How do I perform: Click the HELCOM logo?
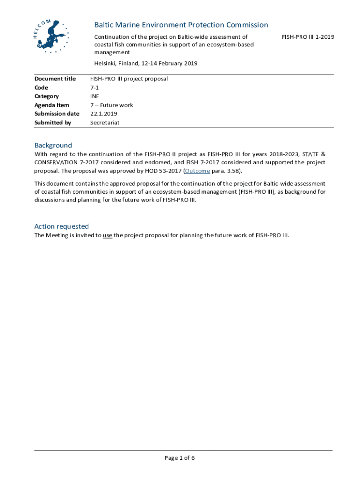(51, 36)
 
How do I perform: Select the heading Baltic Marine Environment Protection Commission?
(181, 25)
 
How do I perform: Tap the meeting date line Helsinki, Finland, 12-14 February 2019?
(146, 63)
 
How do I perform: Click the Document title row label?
(55, 79)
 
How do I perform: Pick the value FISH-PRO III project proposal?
(129, 79)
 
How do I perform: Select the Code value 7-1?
(94, 87)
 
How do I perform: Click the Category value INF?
(94, 96)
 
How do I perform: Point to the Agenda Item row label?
(52, 105)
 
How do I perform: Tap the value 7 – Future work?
(111, 105)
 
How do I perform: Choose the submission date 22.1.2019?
(103, 114)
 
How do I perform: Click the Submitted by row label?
(53, 123)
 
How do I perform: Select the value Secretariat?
(105, 123)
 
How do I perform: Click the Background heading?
(53, 145)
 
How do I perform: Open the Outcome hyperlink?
(197, 171)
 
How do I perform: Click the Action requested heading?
(61, 226)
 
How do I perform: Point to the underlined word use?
(107, 235)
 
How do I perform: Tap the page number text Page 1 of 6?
(180, 458)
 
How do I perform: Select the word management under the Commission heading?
(112, 52)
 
